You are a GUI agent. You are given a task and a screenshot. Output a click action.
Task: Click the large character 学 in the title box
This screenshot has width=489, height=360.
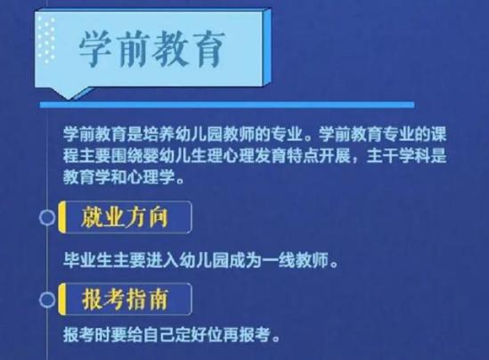coord(95,49)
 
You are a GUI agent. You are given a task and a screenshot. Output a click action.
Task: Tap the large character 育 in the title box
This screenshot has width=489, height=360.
coord(208,49)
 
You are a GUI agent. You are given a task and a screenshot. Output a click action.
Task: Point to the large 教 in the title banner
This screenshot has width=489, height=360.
coord(171,49)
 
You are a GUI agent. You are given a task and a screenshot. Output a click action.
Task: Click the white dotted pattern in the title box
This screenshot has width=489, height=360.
coord(46,39)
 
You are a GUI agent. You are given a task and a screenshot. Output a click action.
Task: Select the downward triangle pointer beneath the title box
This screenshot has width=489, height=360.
coord(69,93)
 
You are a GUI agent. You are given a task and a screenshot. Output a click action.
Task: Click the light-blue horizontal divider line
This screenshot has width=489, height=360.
coord(227,105)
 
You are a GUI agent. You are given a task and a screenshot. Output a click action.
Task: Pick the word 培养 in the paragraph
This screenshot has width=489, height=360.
coord(159,135)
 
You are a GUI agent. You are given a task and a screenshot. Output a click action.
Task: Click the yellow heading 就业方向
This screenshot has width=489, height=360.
coord(125,217)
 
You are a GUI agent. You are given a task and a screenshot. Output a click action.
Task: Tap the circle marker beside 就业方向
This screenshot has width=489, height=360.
coord(47,217)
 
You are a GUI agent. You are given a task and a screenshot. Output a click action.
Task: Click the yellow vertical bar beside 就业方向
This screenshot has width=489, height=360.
coord(62,217)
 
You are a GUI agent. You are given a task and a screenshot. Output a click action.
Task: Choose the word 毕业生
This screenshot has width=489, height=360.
coord(87,260)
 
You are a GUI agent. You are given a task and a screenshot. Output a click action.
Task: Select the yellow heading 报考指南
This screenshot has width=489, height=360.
coord(125,299)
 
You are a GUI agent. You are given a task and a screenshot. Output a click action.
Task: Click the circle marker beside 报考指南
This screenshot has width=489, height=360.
coord(47,299)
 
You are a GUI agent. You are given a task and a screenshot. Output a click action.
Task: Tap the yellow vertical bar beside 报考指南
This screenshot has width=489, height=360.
coord(62,299)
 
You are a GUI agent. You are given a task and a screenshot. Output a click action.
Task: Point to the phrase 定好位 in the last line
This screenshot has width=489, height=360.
coord(199,335)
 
